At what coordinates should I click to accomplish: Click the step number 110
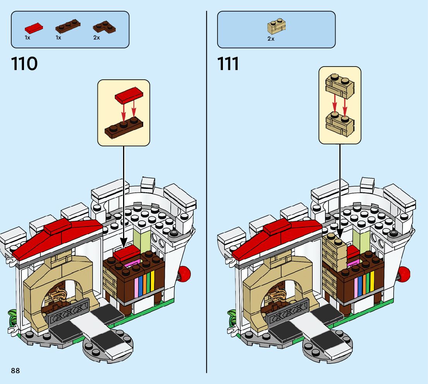tap(24, 64)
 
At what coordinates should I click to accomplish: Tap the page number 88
tap(15, 371)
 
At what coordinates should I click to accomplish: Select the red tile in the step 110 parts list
tap(34, 28)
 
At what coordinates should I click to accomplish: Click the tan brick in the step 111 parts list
tap(276, 27)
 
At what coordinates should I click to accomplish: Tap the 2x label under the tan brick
tap(271, 39)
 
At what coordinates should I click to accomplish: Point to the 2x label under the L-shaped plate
tap(96, 38)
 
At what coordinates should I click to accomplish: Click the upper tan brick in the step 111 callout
tap(340, 87)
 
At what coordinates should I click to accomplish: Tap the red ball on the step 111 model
tap(404, 273)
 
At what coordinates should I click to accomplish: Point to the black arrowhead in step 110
tap(123, 243)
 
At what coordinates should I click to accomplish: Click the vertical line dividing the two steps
tap(207, 194)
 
